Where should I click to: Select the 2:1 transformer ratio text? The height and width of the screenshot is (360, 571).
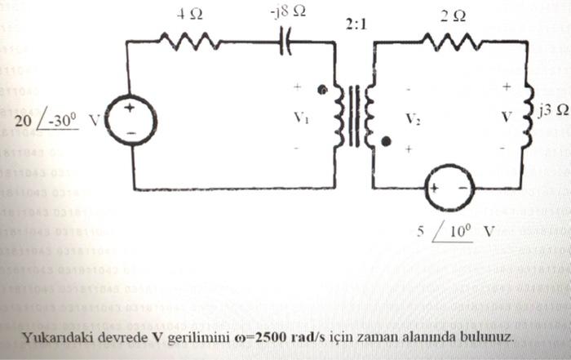click(356, 24)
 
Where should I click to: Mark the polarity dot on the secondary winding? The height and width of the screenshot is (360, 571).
click(386, 142)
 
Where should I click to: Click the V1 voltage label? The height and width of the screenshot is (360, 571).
click(301, 117)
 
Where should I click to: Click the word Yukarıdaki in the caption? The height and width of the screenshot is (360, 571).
click(56, 336)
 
